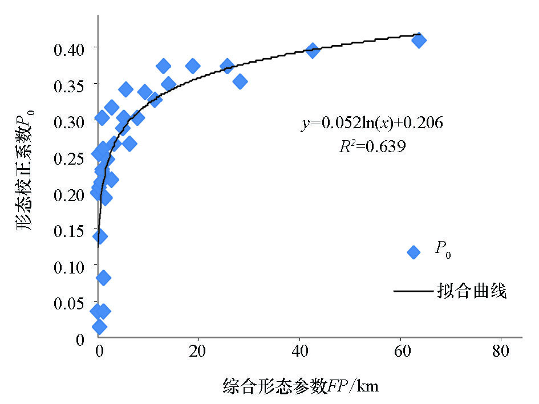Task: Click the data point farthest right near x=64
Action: (x=419, y=40)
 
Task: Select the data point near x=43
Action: (x=312, y=50)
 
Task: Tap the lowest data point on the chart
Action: (x=99, y=327)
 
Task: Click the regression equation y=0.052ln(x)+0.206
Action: (x=372, y=123)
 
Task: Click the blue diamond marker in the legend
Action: (x=414, y=252)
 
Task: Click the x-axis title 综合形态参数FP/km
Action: (x=300, y=386)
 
